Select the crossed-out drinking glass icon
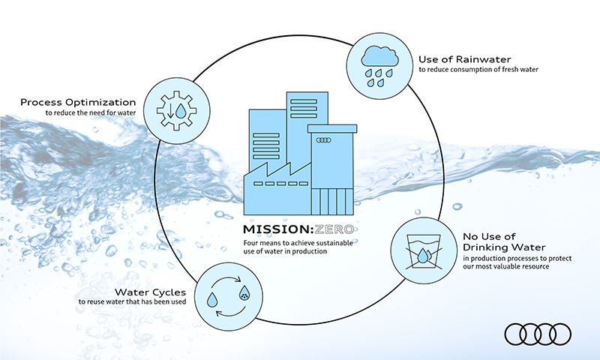coord(423,251)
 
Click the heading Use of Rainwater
coord(464,59)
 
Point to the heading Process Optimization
coord(78,103)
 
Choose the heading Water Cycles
coord(151,292)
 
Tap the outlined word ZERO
coord(334,229)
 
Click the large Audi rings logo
coord(538,334)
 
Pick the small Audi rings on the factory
coord(324,140)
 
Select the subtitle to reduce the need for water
coord(91,112)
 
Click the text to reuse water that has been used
coord(133,301)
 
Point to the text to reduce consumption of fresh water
coord(478,70)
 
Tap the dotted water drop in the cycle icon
coord(244,293)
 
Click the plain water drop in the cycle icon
coord(212,299)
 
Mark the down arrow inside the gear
coord(171,110)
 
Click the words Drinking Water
coord(504,247)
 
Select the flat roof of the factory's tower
coord(332,128)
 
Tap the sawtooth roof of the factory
coord(278,169)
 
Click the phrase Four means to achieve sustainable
coord(298,243)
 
